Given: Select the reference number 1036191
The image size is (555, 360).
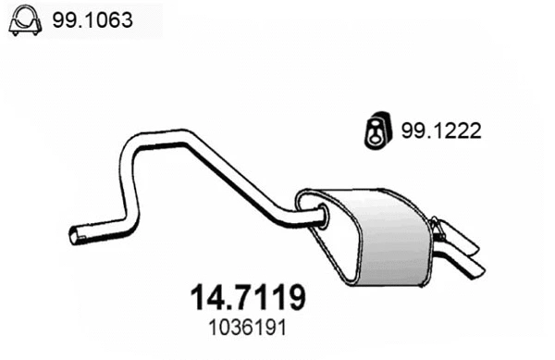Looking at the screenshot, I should coord(247,328).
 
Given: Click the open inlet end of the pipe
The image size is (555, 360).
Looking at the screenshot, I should coord(75,235).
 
